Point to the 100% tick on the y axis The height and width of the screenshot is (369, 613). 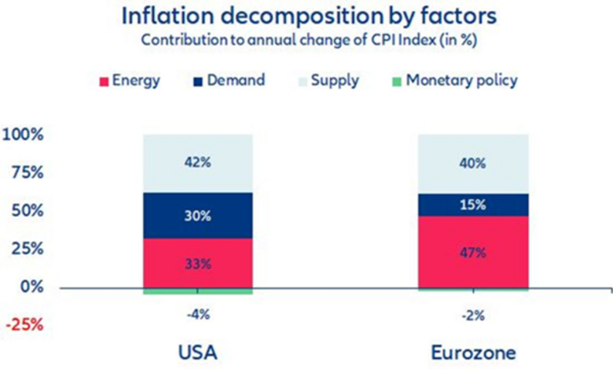pos(28,135)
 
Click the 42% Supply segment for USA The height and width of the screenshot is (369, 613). pos(198,164)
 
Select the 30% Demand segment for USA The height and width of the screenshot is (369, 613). pos(198,216)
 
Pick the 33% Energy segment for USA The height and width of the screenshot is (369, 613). pos(198,264)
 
